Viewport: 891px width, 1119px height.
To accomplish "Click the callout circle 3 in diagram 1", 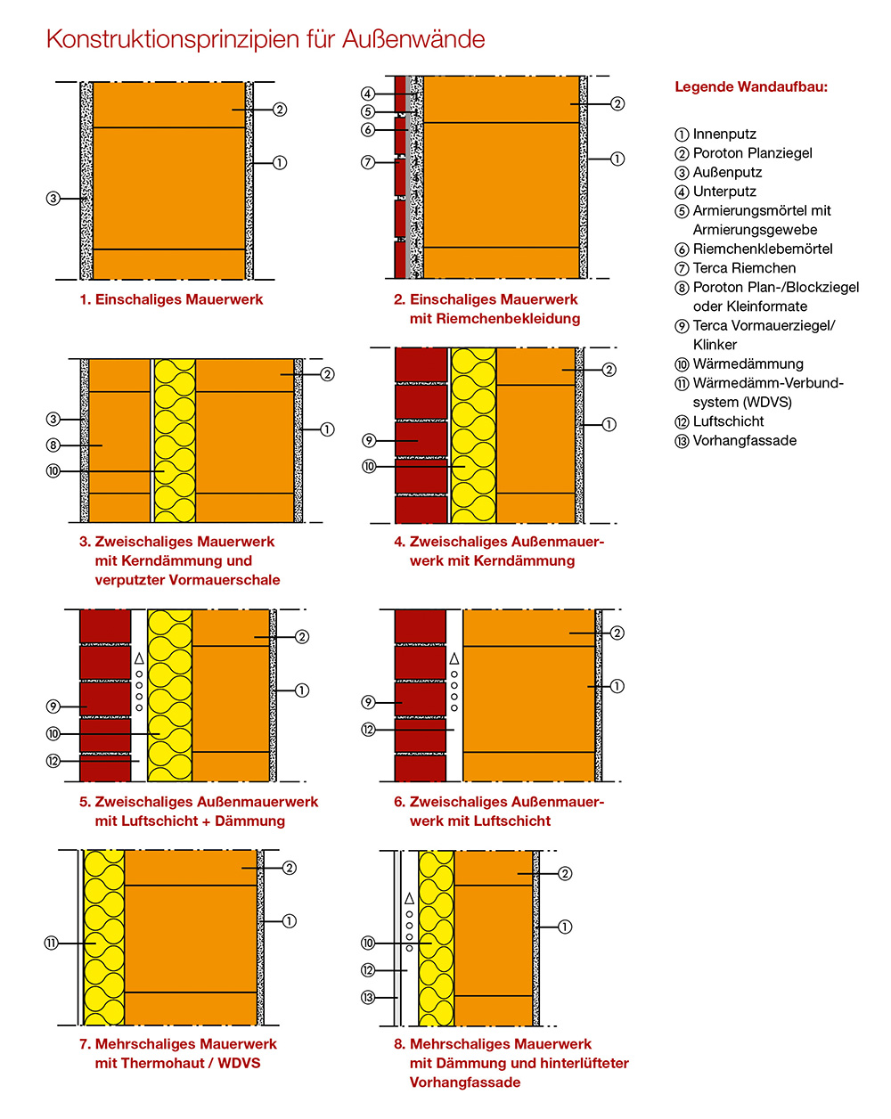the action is pyautogui.click(x=53, y=198).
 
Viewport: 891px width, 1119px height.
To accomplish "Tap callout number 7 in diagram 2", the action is pyautogui.click(x=368, y=162).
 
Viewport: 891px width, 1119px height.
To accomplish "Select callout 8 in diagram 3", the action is pyautogui.click(x=53, y=445).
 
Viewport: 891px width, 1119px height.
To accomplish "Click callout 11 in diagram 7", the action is pyautogui.click(x=51, y=943).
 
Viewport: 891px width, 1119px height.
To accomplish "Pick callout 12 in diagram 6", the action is pyautogui.click(x=368, y=730).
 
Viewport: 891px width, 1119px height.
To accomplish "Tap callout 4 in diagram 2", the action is pyautogui.click(x=368, y=94).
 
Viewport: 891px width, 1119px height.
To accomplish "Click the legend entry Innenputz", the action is pyautogui.click(x=715, y=135).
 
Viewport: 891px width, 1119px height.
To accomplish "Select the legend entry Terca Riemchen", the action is pyautogui.click(x=735, y=268).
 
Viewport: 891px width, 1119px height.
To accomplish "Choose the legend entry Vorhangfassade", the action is pyautogui.click(x=735, y=441).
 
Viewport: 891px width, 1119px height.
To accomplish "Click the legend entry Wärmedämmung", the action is pyautogui.click(x=739, y=364).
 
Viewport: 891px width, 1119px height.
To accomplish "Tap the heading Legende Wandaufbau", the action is pyautogui.click(x=750, y=86).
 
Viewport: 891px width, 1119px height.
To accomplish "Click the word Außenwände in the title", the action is pyautogui.click(x=413, y=39).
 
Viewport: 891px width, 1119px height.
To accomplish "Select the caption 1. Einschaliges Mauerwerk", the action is pyautogui.click(x=171, y=299).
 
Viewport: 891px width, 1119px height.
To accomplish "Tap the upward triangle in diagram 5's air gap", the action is pyautogui.click(x=139, y=658).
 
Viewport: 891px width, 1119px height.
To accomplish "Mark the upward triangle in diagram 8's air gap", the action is pyautogui.click(x=409, y=899).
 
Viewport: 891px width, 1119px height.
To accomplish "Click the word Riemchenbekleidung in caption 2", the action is pyautogui.click(x=495, y=319).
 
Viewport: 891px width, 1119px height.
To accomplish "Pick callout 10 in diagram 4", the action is pyautogui.click(x=369, y=466).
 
